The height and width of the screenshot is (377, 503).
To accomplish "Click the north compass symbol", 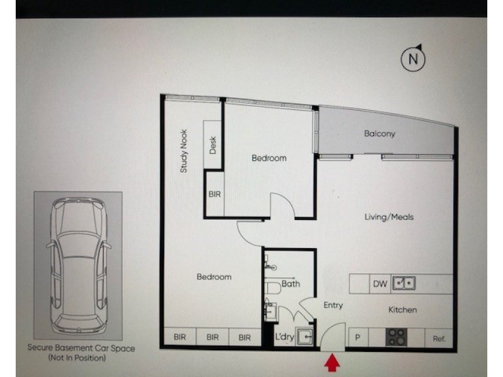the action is [413, 58].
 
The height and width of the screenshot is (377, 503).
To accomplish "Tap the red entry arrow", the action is [332, 362].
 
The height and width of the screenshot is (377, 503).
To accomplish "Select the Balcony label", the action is [380, 133].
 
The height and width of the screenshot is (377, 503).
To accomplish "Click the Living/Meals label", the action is [389, 217].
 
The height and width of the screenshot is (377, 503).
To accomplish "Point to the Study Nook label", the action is [184, 151].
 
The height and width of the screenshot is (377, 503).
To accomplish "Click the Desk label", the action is [213, 145].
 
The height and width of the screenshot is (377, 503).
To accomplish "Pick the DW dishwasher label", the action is [380, 284].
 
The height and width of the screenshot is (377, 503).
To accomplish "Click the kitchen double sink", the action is [404, 283].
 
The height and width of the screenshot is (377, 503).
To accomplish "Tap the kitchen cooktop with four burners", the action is [396, 337].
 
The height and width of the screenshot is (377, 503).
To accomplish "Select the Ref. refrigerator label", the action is [439, 339].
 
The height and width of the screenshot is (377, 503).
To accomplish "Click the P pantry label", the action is [357, 337].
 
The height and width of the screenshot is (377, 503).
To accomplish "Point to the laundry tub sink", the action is [304, 337].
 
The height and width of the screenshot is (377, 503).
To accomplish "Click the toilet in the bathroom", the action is [272, 288].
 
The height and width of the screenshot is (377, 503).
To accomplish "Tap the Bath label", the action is [290, 284].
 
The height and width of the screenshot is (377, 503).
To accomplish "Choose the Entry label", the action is [333, 305].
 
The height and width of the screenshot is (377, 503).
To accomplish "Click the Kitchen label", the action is [402, 310].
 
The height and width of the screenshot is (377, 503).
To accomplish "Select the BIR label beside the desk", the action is [214, 194].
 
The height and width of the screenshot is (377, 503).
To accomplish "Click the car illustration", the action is [78, 266].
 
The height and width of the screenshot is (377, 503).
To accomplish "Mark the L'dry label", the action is [285, 337].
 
